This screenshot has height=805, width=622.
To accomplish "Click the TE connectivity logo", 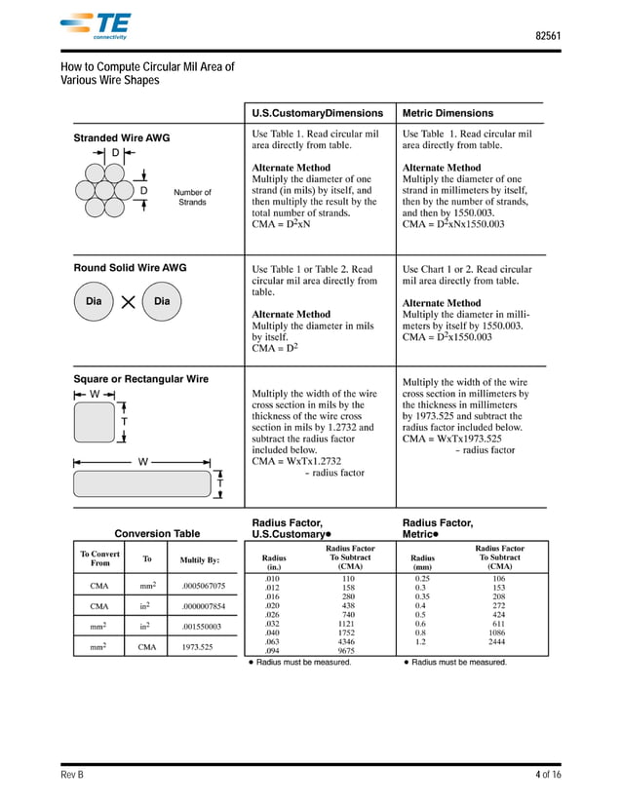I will click(95, 26).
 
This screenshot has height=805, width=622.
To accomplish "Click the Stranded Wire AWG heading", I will click(122, 138).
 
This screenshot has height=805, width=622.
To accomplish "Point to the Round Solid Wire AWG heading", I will click(131, 268).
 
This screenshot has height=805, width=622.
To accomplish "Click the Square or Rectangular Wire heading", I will click(141, 378).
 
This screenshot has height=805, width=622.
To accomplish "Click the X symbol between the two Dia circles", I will click(129, 302).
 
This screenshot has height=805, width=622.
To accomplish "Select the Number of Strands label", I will click(192, 198).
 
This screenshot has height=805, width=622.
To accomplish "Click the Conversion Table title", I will click(157, 533).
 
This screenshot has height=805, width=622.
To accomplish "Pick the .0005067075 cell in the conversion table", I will click(203, 586).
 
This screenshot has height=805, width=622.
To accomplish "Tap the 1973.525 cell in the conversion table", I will click(197, 645).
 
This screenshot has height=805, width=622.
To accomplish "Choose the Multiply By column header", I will click(200, 560).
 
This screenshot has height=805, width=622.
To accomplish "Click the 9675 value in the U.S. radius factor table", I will click(347, 650).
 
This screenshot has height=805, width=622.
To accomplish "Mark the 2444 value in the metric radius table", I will click(498, 641).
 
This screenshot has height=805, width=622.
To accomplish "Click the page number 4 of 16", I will click(548, 774).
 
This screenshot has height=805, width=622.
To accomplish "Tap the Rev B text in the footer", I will click(72, 774).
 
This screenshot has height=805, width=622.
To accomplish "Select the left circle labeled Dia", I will click(95, 302).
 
